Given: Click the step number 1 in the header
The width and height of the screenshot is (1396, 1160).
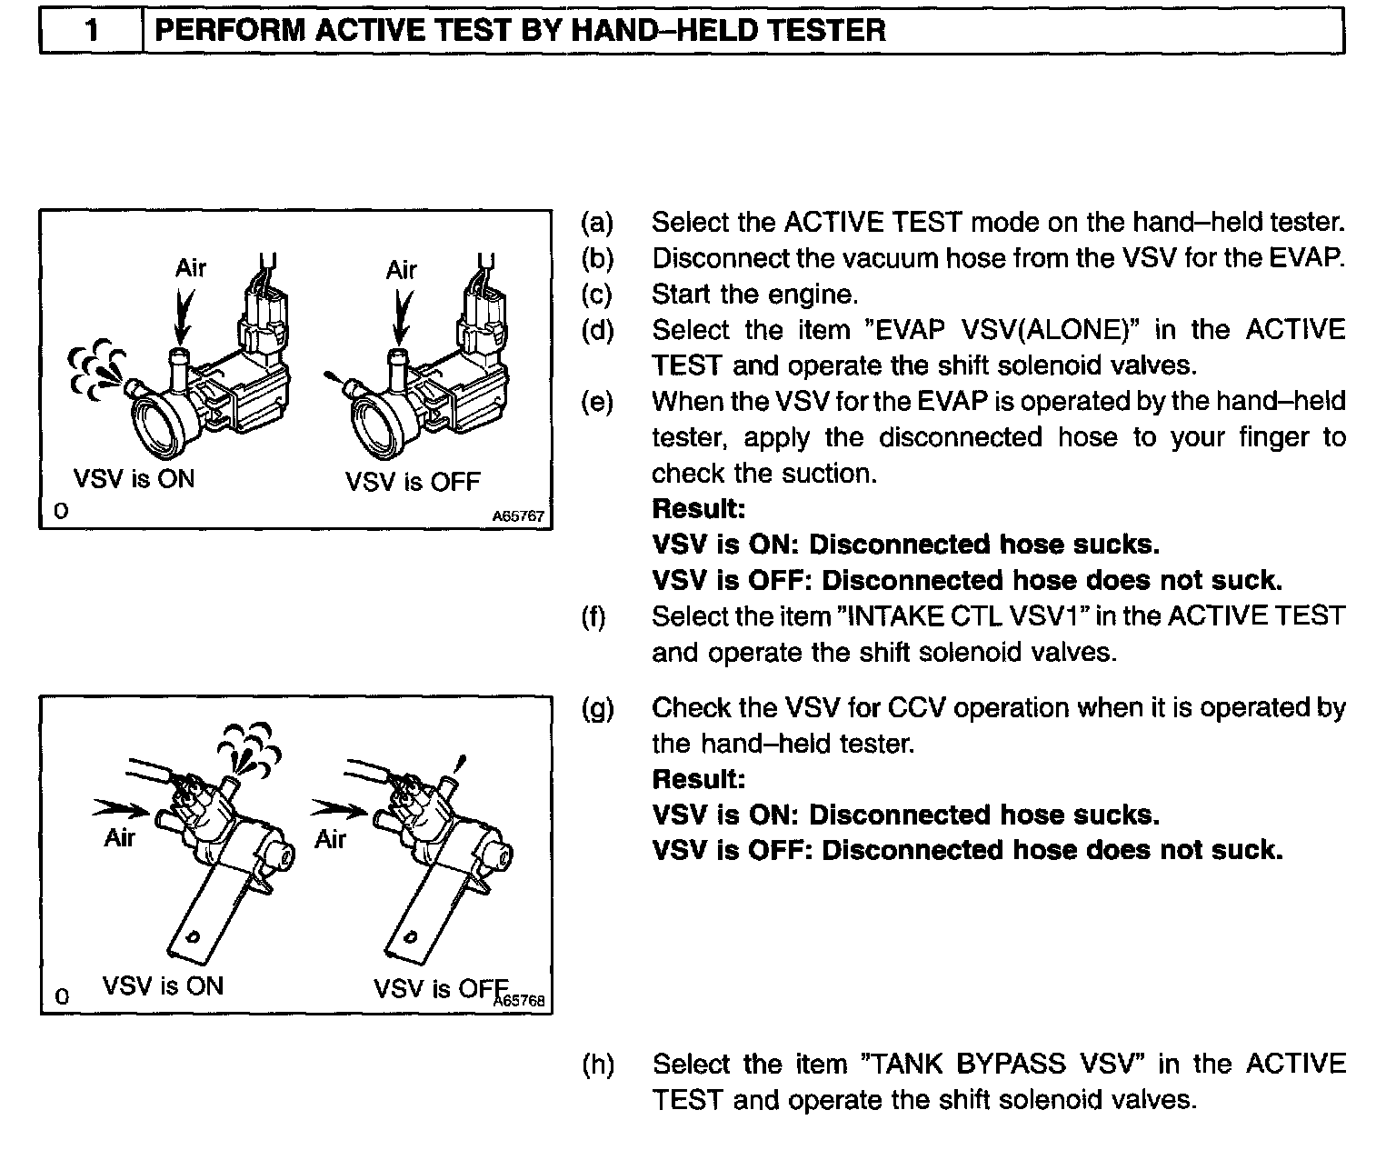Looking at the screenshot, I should click(x=91, y=31).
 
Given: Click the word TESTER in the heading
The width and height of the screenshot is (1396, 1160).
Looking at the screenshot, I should click(x=826, y=31).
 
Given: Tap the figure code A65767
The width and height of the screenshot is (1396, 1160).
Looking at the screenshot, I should click(x=517, y=516).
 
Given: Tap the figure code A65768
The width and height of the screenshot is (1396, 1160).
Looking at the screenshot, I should click(x=519, y=1001).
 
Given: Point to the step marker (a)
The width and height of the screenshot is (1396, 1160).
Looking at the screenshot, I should click(x=597, y=223).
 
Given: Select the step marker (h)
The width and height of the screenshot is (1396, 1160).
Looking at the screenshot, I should click(x=597, y=1065).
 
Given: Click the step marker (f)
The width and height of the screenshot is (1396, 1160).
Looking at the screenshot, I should click(x=593, y=617).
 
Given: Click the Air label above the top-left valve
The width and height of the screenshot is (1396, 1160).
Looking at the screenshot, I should click(x=191, y=268).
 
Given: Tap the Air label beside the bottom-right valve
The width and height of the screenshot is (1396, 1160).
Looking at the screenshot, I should click(x=330, y=839).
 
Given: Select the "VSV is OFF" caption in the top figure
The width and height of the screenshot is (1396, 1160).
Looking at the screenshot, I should click(x=413, y=482).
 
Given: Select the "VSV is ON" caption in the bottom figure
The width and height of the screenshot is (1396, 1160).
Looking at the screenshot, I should click(x=163, y=986).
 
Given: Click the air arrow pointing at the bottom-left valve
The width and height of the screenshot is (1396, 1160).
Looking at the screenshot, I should click(x=120, y=806).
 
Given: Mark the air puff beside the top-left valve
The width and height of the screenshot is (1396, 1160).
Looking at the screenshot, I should click(x=95, y=371).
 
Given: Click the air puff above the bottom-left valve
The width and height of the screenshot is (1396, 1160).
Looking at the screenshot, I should click(x=247, y=750).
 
